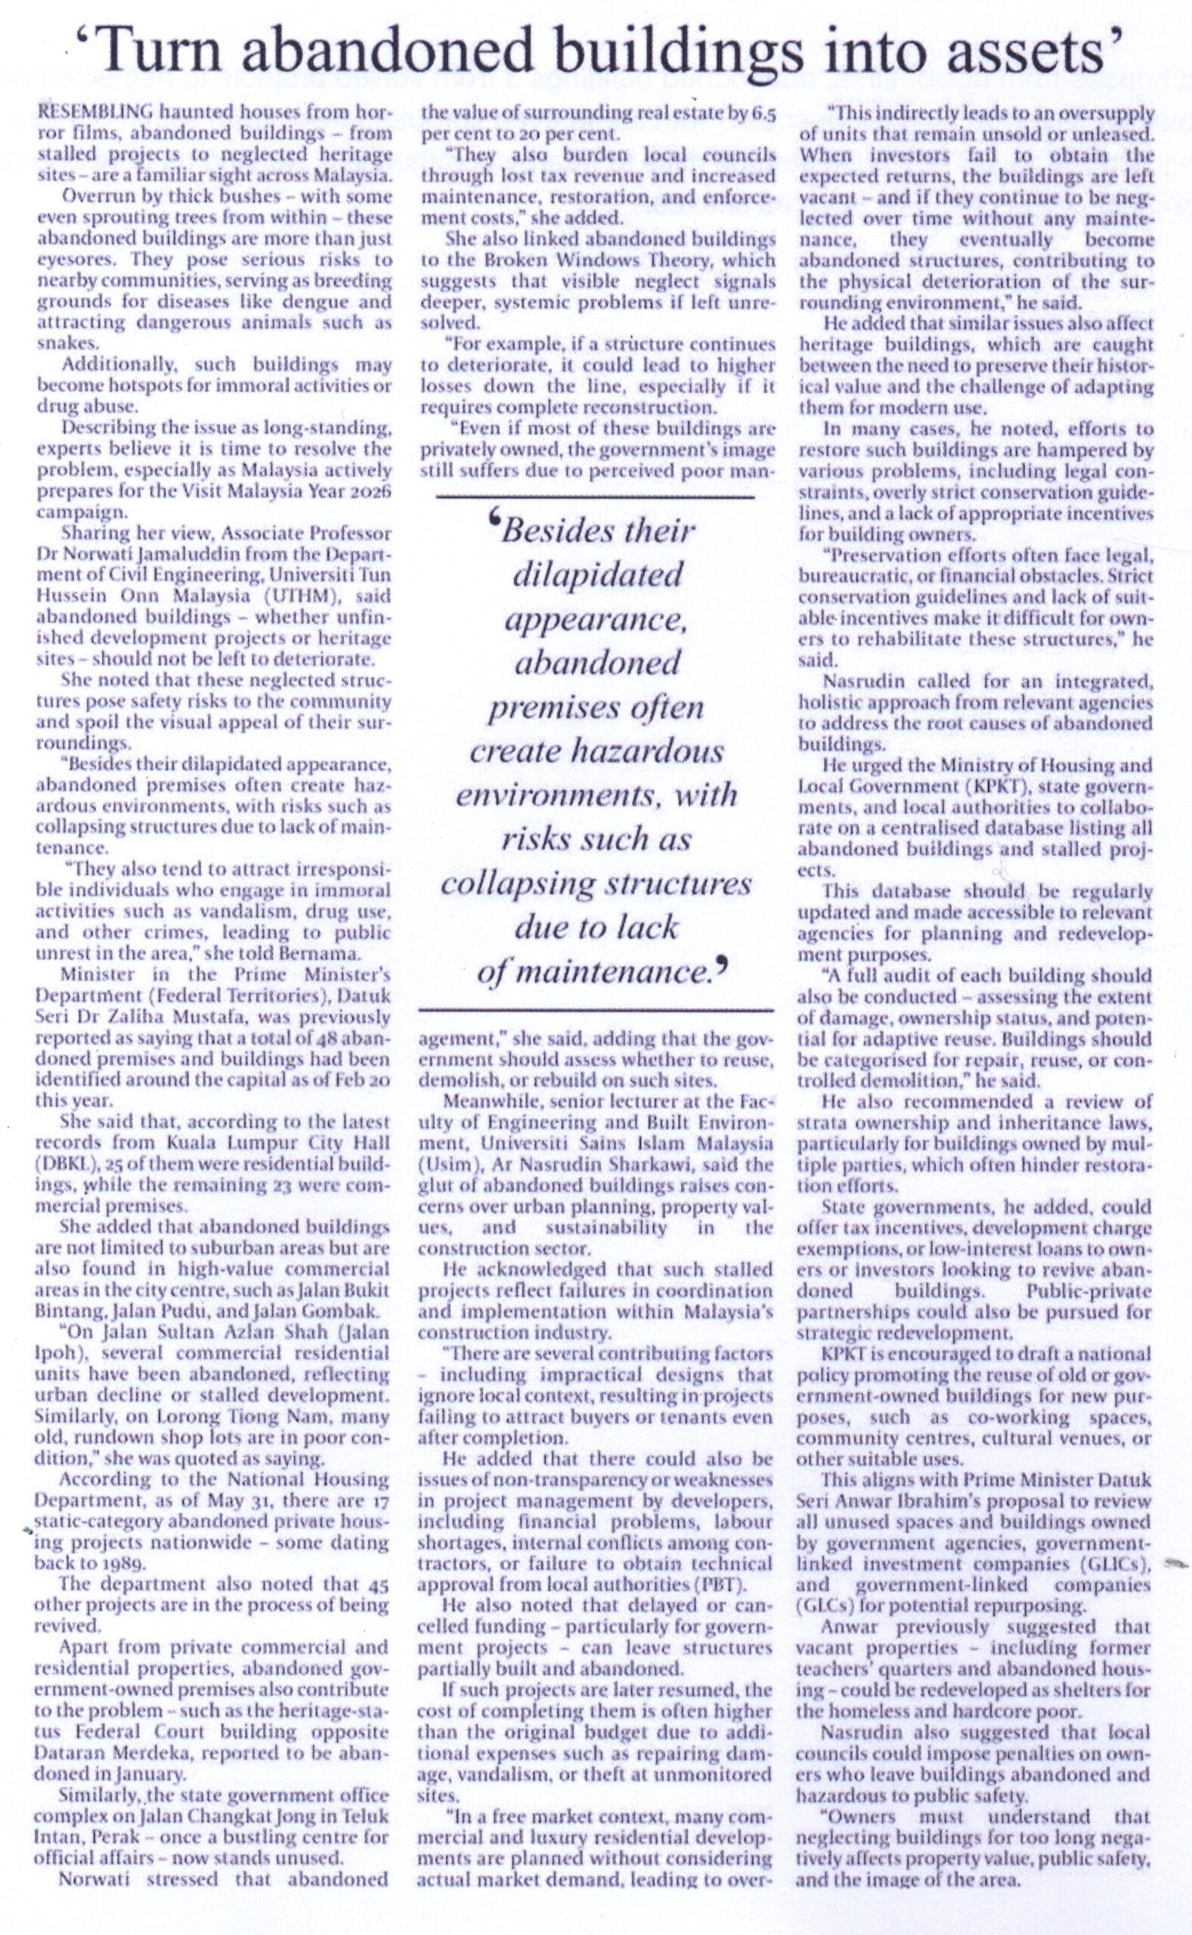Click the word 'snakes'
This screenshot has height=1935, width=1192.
point(69,344)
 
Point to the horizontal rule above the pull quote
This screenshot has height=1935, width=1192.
point(595,497)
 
